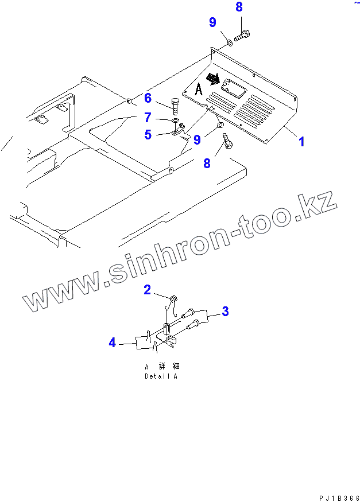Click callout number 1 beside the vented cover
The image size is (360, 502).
(301, 141)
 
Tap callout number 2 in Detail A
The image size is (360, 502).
(148, 290)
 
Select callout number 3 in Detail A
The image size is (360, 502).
(226, 312)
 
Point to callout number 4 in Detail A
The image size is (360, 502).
(113, 343)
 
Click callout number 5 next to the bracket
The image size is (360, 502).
(148, 135)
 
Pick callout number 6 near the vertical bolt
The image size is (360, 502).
(148, 98)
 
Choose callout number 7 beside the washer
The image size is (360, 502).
(148, 118)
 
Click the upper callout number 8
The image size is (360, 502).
(239, 7)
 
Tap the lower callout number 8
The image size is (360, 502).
(207, 163)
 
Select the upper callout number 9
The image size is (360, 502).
(212, 23)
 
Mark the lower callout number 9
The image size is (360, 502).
(198, 139)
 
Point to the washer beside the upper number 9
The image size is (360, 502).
(228, 41)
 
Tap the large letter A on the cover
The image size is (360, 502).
(198, 89)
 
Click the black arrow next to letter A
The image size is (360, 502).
(213, 78)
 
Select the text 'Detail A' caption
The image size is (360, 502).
(161, 376)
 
